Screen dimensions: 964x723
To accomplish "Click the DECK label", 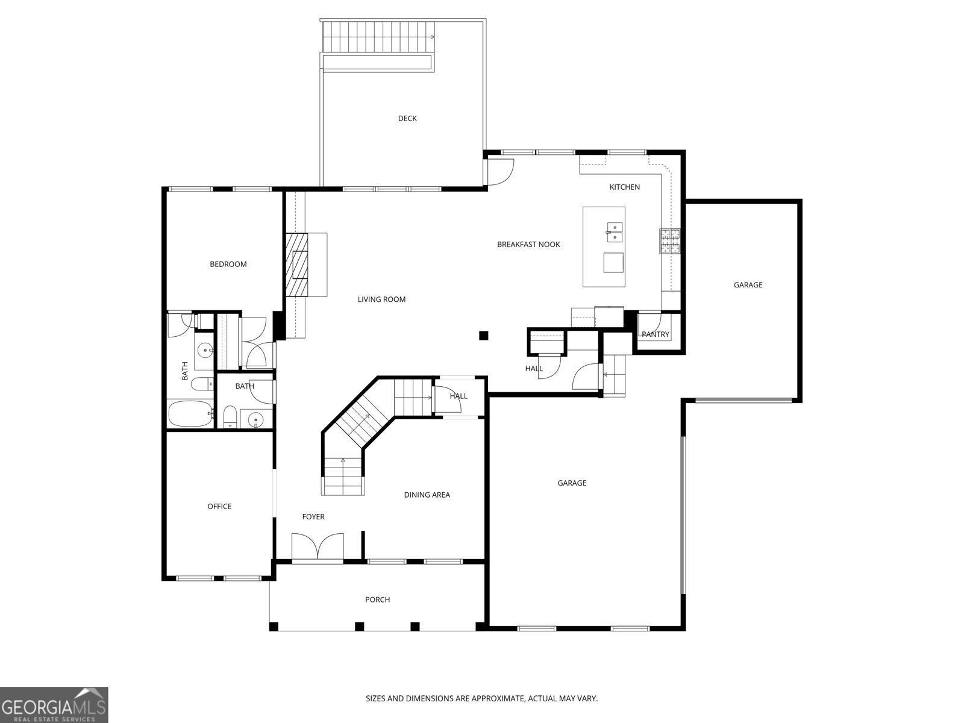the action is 407,118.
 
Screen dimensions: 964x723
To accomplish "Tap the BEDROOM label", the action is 228,264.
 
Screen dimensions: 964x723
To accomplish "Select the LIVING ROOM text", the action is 381,299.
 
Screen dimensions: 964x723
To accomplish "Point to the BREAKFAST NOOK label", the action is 528,244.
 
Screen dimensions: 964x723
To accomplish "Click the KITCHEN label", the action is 625,187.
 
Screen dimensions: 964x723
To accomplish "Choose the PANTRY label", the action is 656,334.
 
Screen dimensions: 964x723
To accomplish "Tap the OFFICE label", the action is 219,506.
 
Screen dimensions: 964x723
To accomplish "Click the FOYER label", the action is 313,517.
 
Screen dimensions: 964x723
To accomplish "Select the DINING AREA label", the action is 427,495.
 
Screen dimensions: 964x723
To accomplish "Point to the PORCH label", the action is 377,599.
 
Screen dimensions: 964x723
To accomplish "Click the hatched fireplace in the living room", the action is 297,264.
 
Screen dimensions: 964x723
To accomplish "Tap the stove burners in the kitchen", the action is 669,241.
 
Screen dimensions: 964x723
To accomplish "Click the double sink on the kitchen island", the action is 615,232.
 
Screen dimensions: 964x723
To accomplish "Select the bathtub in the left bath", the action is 190,413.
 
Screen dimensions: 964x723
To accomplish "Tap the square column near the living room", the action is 484,336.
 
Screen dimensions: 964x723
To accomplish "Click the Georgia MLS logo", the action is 54,704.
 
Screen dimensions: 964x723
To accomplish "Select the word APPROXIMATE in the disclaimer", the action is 496,698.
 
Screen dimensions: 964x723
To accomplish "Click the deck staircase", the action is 378,36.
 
